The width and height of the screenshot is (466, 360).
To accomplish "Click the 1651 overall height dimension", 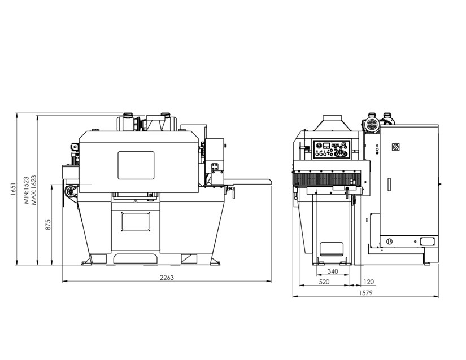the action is [13, 189].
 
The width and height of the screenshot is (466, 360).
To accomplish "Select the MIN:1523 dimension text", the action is [27, 190].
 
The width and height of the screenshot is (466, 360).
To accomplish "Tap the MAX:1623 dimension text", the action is [34, 190].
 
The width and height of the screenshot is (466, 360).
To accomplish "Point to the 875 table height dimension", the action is [48, 225].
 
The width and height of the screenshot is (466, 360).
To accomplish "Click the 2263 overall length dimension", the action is [167, 278].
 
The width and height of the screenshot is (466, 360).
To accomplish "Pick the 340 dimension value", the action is [333, 271].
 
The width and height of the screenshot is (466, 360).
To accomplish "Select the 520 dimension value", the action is [324, 282].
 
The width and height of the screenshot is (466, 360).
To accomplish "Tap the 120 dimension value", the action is [368, 282].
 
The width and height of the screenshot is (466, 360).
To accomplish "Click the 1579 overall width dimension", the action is [365, 293].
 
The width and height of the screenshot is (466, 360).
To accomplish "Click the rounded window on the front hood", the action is [136, 165].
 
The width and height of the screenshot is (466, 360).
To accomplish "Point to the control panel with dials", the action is [332, 150].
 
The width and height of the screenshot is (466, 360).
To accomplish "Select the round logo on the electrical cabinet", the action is [395, 146].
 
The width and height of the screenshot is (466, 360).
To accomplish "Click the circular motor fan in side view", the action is [371, 125].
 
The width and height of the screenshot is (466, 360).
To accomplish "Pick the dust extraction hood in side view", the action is [333, 123].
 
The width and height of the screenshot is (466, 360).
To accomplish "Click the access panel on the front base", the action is [136, 221].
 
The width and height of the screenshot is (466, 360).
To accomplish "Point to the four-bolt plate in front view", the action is [215, 166].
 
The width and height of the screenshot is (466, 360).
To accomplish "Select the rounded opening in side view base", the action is [332, 249].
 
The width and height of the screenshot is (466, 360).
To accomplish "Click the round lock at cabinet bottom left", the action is [389, 242].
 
